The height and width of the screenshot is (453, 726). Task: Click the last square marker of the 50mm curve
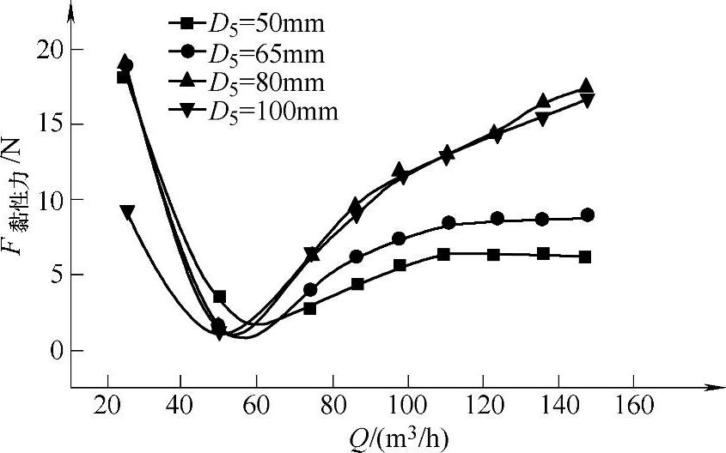pos(585,257)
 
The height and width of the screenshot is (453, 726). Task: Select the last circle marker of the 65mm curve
pos(587,214)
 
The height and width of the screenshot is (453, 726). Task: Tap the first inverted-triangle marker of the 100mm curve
pos(127,212)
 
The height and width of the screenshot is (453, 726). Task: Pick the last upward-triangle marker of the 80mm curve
pos(586,86)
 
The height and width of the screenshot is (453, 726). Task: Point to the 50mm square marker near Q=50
pos(219,297)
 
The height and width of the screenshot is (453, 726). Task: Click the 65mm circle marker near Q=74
pos(310,289)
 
